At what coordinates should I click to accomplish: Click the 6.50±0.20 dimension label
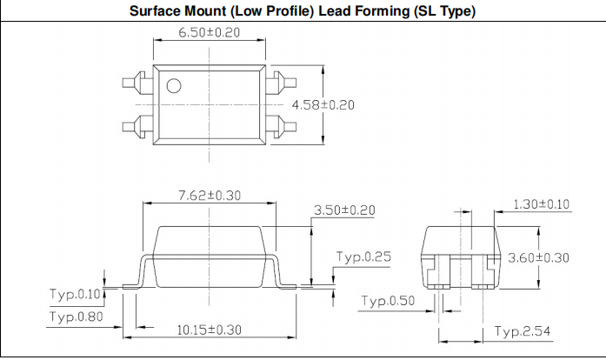pyautogui.click(x=209, y=33)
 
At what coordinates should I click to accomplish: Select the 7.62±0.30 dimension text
pyautogui.click(x=209, y=196)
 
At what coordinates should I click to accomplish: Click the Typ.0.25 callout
pyautogui.click(x=363, y=257)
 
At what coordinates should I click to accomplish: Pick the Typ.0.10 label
pyautogui.click(x=76, y=294)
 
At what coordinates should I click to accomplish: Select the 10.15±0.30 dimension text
pyautogui.click(x=210, y=330)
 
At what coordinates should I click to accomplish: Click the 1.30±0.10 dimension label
pyautogui.click(x=542, y=204)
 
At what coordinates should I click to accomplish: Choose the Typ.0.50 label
pyautogui.click(x=390, y=301)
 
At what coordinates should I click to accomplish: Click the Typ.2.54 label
pyautogui.click(x=522, y=331)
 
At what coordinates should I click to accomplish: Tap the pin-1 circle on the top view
pyautogui.click(x=173, y=85)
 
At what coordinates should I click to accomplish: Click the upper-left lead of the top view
pyautogui.click(x=137, y=84)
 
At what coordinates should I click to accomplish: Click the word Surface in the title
pyautogui.click(x=156, y=11)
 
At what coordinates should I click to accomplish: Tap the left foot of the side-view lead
pyautogui.click(x=132, y=283)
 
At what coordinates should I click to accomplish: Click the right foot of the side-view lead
pyautogui.click(x=287, y=283)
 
